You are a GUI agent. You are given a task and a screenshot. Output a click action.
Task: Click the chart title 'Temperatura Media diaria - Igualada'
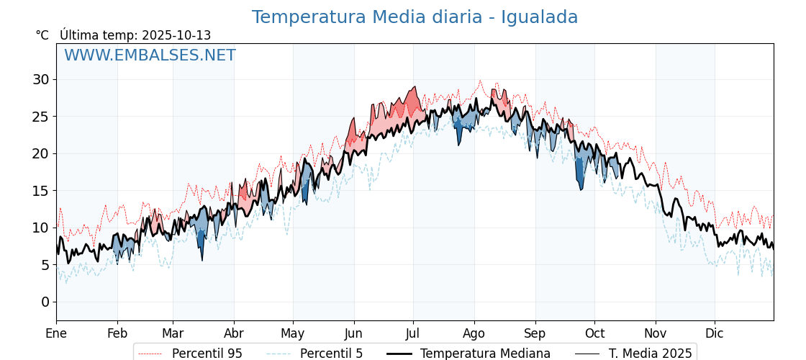[415, 17]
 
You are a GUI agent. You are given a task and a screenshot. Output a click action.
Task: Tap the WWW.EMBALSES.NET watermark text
[150, 55]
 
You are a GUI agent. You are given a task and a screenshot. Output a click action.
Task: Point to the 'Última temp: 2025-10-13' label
[135, 35]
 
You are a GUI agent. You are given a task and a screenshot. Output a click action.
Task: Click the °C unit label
[42, 35]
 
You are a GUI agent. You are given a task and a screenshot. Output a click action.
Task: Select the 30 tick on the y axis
[40, 79]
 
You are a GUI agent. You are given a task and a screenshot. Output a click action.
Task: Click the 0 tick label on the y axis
[45, 302]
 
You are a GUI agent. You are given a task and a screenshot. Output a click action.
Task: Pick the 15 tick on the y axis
[40, 191]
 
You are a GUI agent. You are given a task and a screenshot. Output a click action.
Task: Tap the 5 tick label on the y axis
[45, 265]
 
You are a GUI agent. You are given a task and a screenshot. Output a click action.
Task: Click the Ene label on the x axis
[56, 333]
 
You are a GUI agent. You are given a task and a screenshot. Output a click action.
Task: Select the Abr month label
[234, 333]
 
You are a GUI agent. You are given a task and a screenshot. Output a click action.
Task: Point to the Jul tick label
[413, 333]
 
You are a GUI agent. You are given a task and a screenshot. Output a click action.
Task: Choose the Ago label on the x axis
[474, 333]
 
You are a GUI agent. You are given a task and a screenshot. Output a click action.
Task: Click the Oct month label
[594, 333]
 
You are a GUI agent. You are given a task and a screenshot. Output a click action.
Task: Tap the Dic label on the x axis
[715, 333]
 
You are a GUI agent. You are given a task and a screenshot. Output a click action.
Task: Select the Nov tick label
[656, 333]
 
